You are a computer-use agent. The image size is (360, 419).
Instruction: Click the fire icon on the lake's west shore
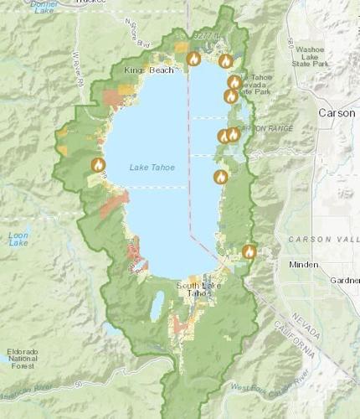tap(98, 164)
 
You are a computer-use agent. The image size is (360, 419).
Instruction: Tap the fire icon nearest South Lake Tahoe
tap(249, 251)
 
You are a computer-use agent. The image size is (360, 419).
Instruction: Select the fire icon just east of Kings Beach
tap(193, 59)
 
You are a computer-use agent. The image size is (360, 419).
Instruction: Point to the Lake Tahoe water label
tap(152, 168)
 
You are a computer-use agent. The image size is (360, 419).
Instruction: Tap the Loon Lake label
tap(18, 238)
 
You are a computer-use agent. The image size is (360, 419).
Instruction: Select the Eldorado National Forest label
tap(23, 357)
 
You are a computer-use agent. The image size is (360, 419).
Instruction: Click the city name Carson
tap(337, 112)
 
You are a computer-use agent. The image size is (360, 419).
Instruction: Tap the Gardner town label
tap(344, 280)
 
